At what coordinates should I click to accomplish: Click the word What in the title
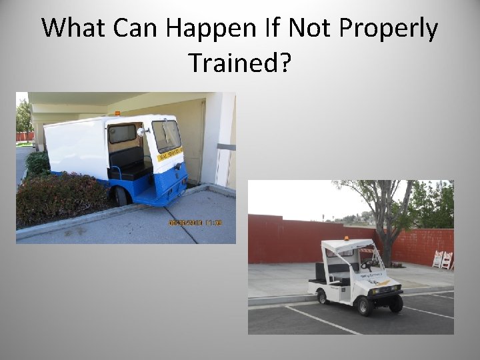point(74,28)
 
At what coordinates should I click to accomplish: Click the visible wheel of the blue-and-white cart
point(121,196)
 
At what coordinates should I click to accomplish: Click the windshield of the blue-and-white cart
point(165,135)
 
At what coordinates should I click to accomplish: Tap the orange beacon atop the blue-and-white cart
point(117,113)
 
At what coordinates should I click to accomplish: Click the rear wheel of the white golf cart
point(323,296)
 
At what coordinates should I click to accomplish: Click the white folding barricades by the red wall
point(442,259)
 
